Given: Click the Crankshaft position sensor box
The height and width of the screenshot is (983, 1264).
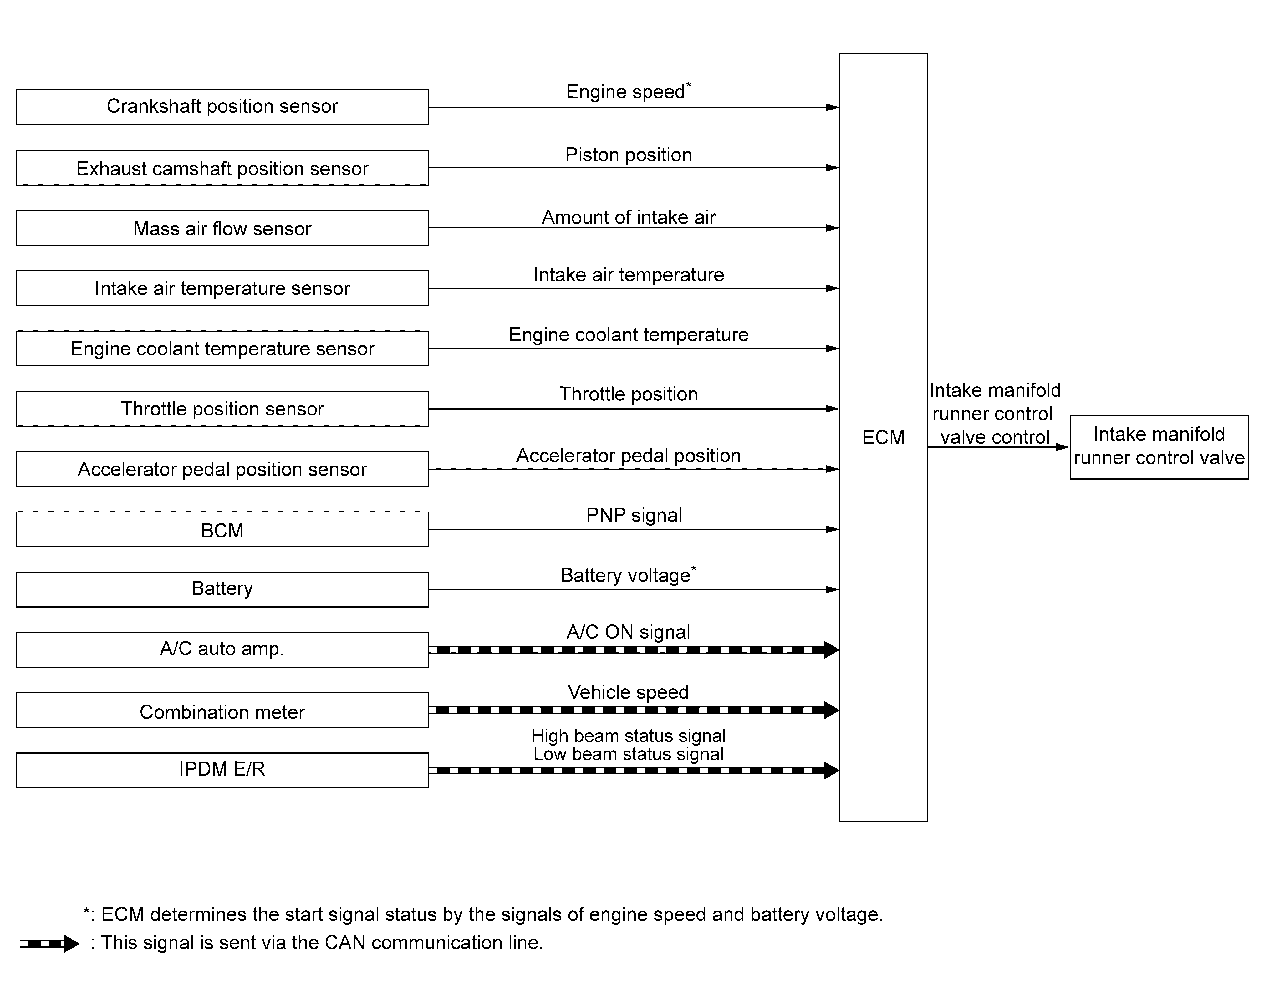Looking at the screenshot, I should click(222, 107).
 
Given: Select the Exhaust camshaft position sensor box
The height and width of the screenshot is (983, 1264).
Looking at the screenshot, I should click(222, 168).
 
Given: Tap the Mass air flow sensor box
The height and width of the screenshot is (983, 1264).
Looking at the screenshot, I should click(222, 228).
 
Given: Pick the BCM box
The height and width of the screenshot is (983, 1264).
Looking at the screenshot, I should click(222, 529).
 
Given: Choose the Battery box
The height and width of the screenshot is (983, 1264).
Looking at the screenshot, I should click(222, 589).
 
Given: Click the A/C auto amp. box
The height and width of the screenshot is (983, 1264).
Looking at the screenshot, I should click(222, 650).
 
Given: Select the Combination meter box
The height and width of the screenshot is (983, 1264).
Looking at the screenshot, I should click(222, 710).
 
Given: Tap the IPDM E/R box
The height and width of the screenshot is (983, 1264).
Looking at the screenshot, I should click(222, 770).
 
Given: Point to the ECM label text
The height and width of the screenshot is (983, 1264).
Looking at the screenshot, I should click(883, 437).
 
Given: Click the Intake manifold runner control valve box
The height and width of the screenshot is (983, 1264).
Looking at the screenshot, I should click(1159, 447).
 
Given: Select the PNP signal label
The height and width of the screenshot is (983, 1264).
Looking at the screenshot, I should click(634, 515).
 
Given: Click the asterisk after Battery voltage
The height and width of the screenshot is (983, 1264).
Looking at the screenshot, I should click(694, 569).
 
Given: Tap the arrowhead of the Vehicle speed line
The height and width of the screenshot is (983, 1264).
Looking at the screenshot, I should click(832, 710).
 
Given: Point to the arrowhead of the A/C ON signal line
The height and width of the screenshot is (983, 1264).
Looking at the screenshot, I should click(832, 650).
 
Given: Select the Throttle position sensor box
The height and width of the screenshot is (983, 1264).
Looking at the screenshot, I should click(222, 409).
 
